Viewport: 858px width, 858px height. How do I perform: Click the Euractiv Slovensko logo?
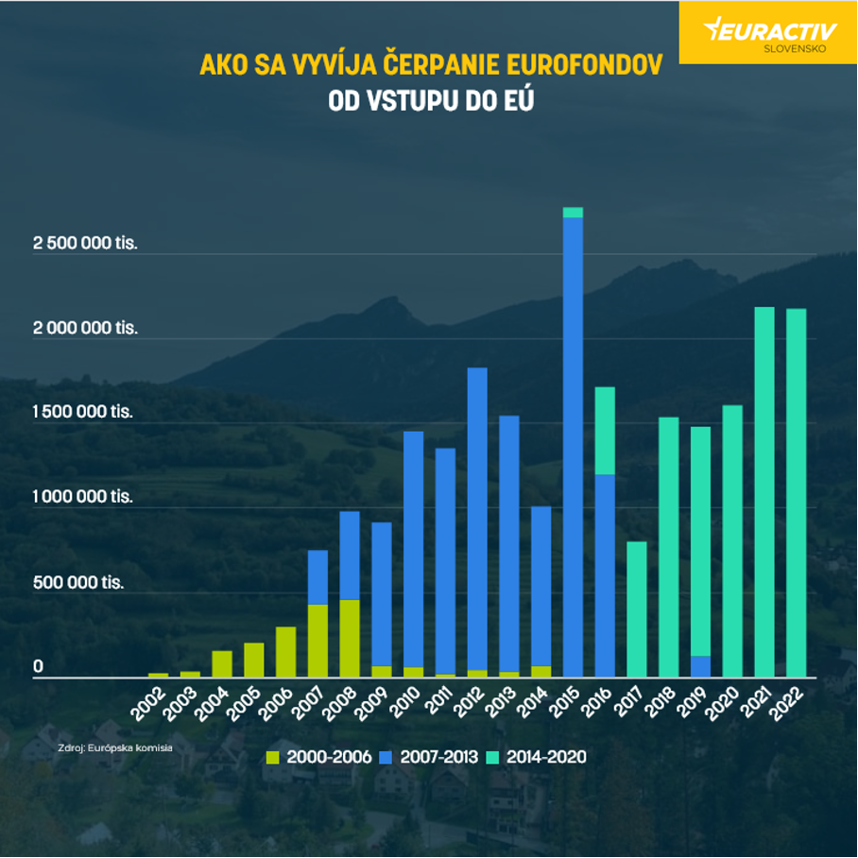[x=767, y=32]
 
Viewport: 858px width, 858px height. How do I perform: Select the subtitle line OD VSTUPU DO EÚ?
[x=430, y=100]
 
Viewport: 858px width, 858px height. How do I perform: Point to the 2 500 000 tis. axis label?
[x=85, y=244]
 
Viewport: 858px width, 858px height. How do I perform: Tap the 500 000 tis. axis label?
[x=79, y=582]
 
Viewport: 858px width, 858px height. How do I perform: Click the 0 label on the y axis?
[x=39, y=667]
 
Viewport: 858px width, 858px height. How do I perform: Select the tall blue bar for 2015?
[x=573, y=444]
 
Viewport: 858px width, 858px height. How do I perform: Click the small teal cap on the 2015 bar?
[x=573, y=213]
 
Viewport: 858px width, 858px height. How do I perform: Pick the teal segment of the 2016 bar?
[x=605, y=430]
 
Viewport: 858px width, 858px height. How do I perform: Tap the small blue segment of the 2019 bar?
[x=700, y=666]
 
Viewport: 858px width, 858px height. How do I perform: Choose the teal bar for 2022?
[x=797, y=491]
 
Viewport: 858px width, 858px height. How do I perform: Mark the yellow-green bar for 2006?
[x=285, y=652]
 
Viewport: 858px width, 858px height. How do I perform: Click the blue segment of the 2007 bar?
[x=317, y=576]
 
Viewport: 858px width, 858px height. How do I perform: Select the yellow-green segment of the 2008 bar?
[x=350, y=638]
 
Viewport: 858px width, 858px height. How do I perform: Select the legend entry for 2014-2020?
[x=537, y=757]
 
